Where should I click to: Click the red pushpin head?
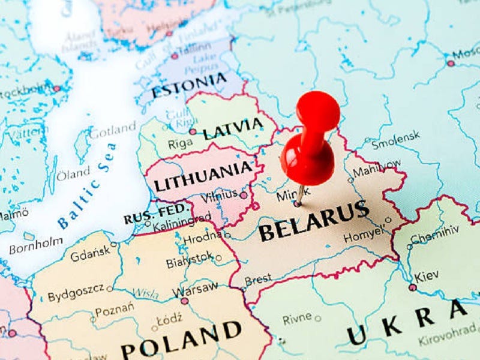(308, 160)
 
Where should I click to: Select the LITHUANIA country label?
(202, 176)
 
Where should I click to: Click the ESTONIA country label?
(189, 86)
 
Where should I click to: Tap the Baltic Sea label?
(87, 186)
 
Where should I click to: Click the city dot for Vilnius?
(243, 195)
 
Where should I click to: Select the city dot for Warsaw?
(184, 301)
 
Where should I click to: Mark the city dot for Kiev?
(413, 287)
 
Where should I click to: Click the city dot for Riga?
(193, 131)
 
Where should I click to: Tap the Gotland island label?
(113, 130)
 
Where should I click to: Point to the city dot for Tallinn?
(174, 56)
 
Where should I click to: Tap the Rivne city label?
(297, 319)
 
